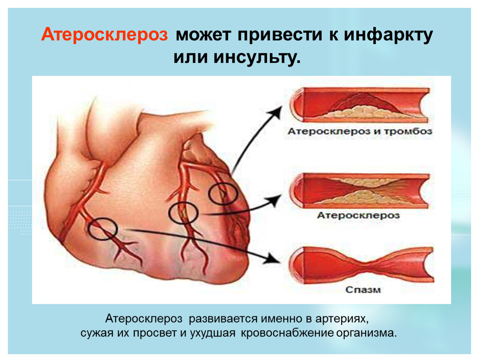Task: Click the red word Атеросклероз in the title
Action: tap(105, 34)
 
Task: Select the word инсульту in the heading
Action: tap(257, 57)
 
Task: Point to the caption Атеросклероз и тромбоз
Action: tap(360, 131)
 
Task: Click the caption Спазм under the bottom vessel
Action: tap(363, 290)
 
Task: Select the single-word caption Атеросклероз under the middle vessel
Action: tap(358, 215)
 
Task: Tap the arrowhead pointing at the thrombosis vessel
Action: tap(276, 112)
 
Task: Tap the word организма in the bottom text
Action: tap(366, 333)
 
